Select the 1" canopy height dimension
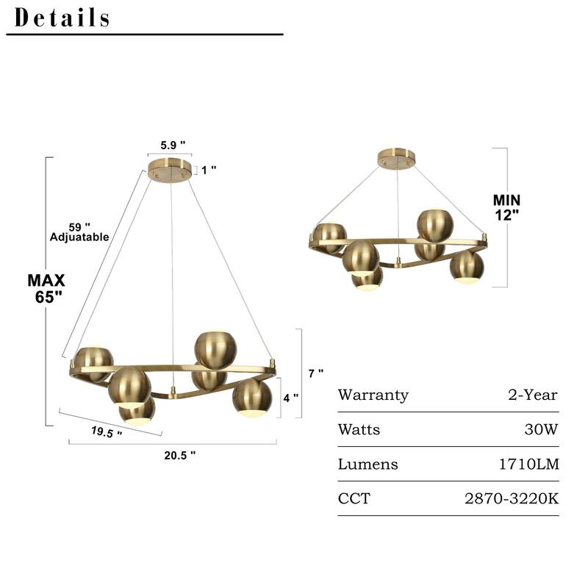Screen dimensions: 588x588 coord(209,170)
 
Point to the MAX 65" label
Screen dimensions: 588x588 coord(46,288)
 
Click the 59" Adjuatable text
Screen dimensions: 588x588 coord(79,232)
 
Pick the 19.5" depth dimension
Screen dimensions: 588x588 coord(107,432)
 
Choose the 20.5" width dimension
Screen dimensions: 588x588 coord(179,455)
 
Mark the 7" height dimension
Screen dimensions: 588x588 coord(316,373)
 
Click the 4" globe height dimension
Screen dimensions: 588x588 coord(291,398)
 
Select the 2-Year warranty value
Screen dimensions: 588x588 coord(533,395)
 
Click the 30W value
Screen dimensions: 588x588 coord(542,430)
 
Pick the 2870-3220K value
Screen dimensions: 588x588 coord(512,499)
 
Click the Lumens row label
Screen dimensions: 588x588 coord(367,465)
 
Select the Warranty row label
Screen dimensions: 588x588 coord(373,395)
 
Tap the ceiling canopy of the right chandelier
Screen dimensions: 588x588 coord(396,159)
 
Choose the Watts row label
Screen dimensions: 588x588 coord(359,430)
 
